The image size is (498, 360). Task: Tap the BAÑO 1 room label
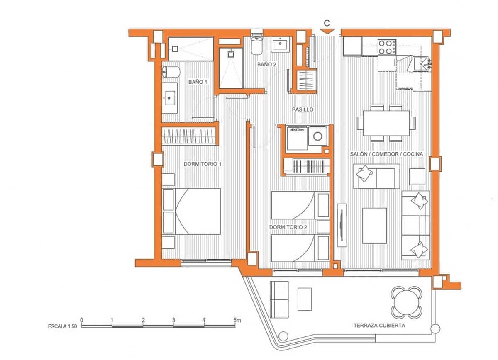[198, 82]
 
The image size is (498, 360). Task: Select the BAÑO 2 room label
[266, 64]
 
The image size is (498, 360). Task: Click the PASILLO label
[303, 109]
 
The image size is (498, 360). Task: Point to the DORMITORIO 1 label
[203, 164]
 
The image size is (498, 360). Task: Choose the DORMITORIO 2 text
[288, 227]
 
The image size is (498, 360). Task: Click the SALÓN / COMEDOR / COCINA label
[386, 154]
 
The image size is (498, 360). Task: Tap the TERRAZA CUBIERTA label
[379, 326]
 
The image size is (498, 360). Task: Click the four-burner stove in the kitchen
[386, 47]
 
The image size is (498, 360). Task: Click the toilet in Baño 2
[257, 44]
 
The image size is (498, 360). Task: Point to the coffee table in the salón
[374, 225]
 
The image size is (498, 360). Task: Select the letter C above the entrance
[327, 22]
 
